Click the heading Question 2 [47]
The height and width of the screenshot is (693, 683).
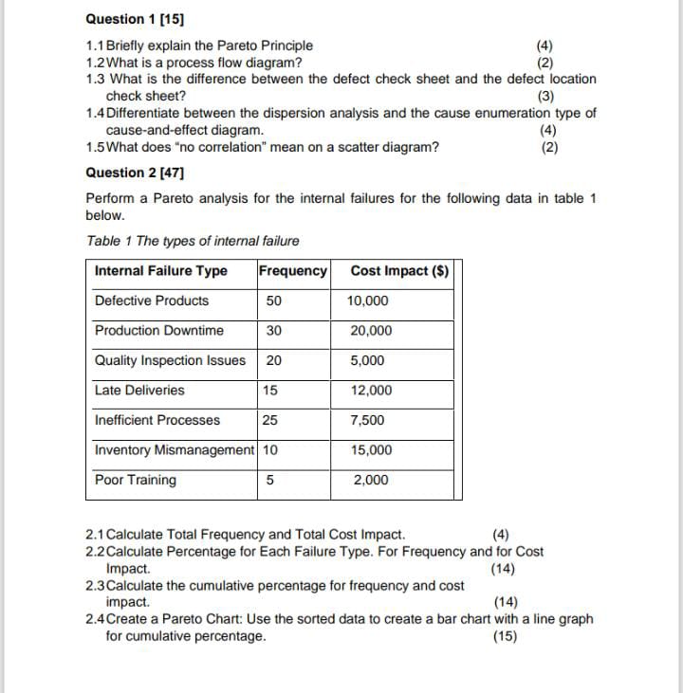135,173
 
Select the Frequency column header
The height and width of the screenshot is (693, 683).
292,271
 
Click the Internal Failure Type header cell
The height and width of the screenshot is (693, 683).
161,271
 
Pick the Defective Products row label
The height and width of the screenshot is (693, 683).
152,301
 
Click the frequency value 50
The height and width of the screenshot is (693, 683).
274,301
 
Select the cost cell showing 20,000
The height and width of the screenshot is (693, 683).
369,331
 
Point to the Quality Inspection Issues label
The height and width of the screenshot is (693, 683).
170,360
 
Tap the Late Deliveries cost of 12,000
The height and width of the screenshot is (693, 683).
369,391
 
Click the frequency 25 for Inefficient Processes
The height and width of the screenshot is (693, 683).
270,420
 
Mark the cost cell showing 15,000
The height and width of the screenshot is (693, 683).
369,450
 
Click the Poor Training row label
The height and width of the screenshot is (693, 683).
136,480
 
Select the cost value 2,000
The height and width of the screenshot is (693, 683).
370,481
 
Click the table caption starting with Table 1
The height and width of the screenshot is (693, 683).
193,241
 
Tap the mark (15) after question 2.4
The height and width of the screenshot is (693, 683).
506,636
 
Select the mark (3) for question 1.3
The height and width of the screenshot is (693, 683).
546,96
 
